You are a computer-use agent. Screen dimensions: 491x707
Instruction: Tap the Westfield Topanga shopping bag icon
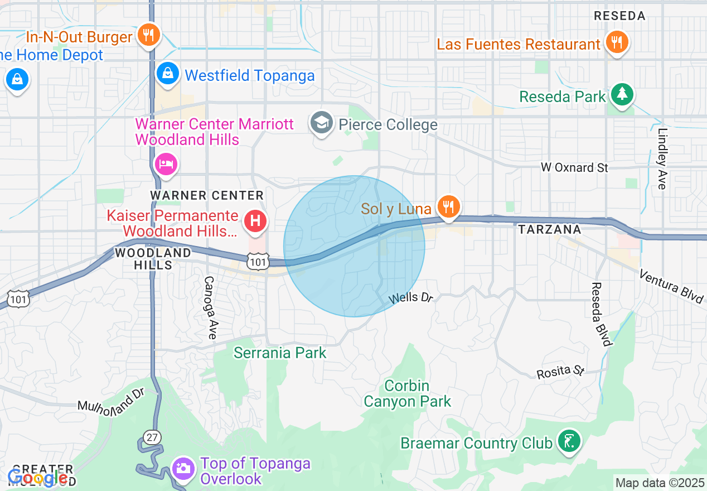[167, 74]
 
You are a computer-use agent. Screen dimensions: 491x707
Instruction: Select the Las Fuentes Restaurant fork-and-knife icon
[617, 42]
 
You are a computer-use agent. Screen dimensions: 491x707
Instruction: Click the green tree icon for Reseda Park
[621, 95]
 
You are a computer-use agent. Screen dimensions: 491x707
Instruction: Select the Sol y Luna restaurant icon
[447, 207]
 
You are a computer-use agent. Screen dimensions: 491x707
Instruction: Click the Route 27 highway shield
[152, 437]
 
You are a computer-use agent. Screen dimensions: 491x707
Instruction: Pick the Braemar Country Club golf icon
[569, 442]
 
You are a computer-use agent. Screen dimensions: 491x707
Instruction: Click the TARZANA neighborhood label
[549, 229]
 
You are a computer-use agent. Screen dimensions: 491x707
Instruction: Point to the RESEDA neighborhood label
[619, 16]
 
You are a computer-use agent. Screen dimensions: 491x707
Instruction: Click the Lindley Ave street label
[662, 159]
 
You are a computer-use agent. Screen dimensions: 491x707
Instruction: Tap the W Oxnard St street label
[575, 167]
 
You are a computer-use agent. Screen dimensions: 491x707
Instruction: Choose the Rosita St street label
[560, 371]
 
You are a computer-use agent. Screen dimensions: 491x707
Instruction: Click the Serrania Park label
[280, 353]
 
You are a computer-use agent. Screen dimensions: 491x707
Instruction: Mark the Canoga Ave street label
[210, 307]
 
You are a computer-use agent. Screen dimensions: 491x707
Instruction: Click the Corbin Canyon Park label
[407, 393]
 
